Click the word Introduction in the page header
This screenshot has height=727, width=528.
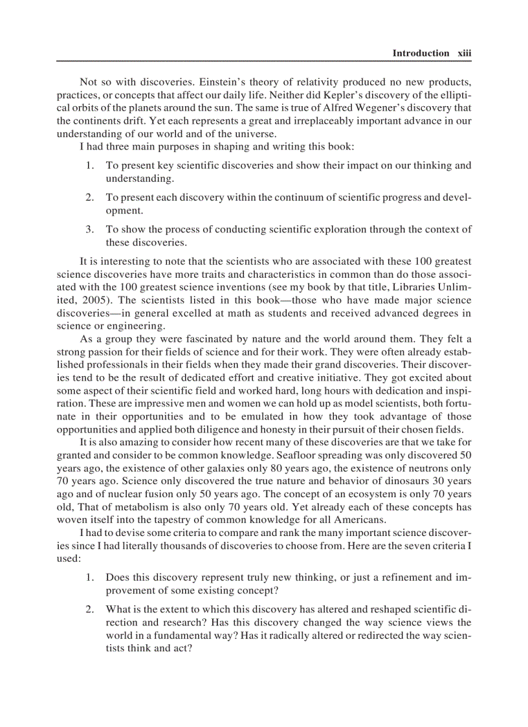coord(421,53)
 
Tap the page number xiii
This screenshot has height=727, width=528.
coord(464,53)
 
